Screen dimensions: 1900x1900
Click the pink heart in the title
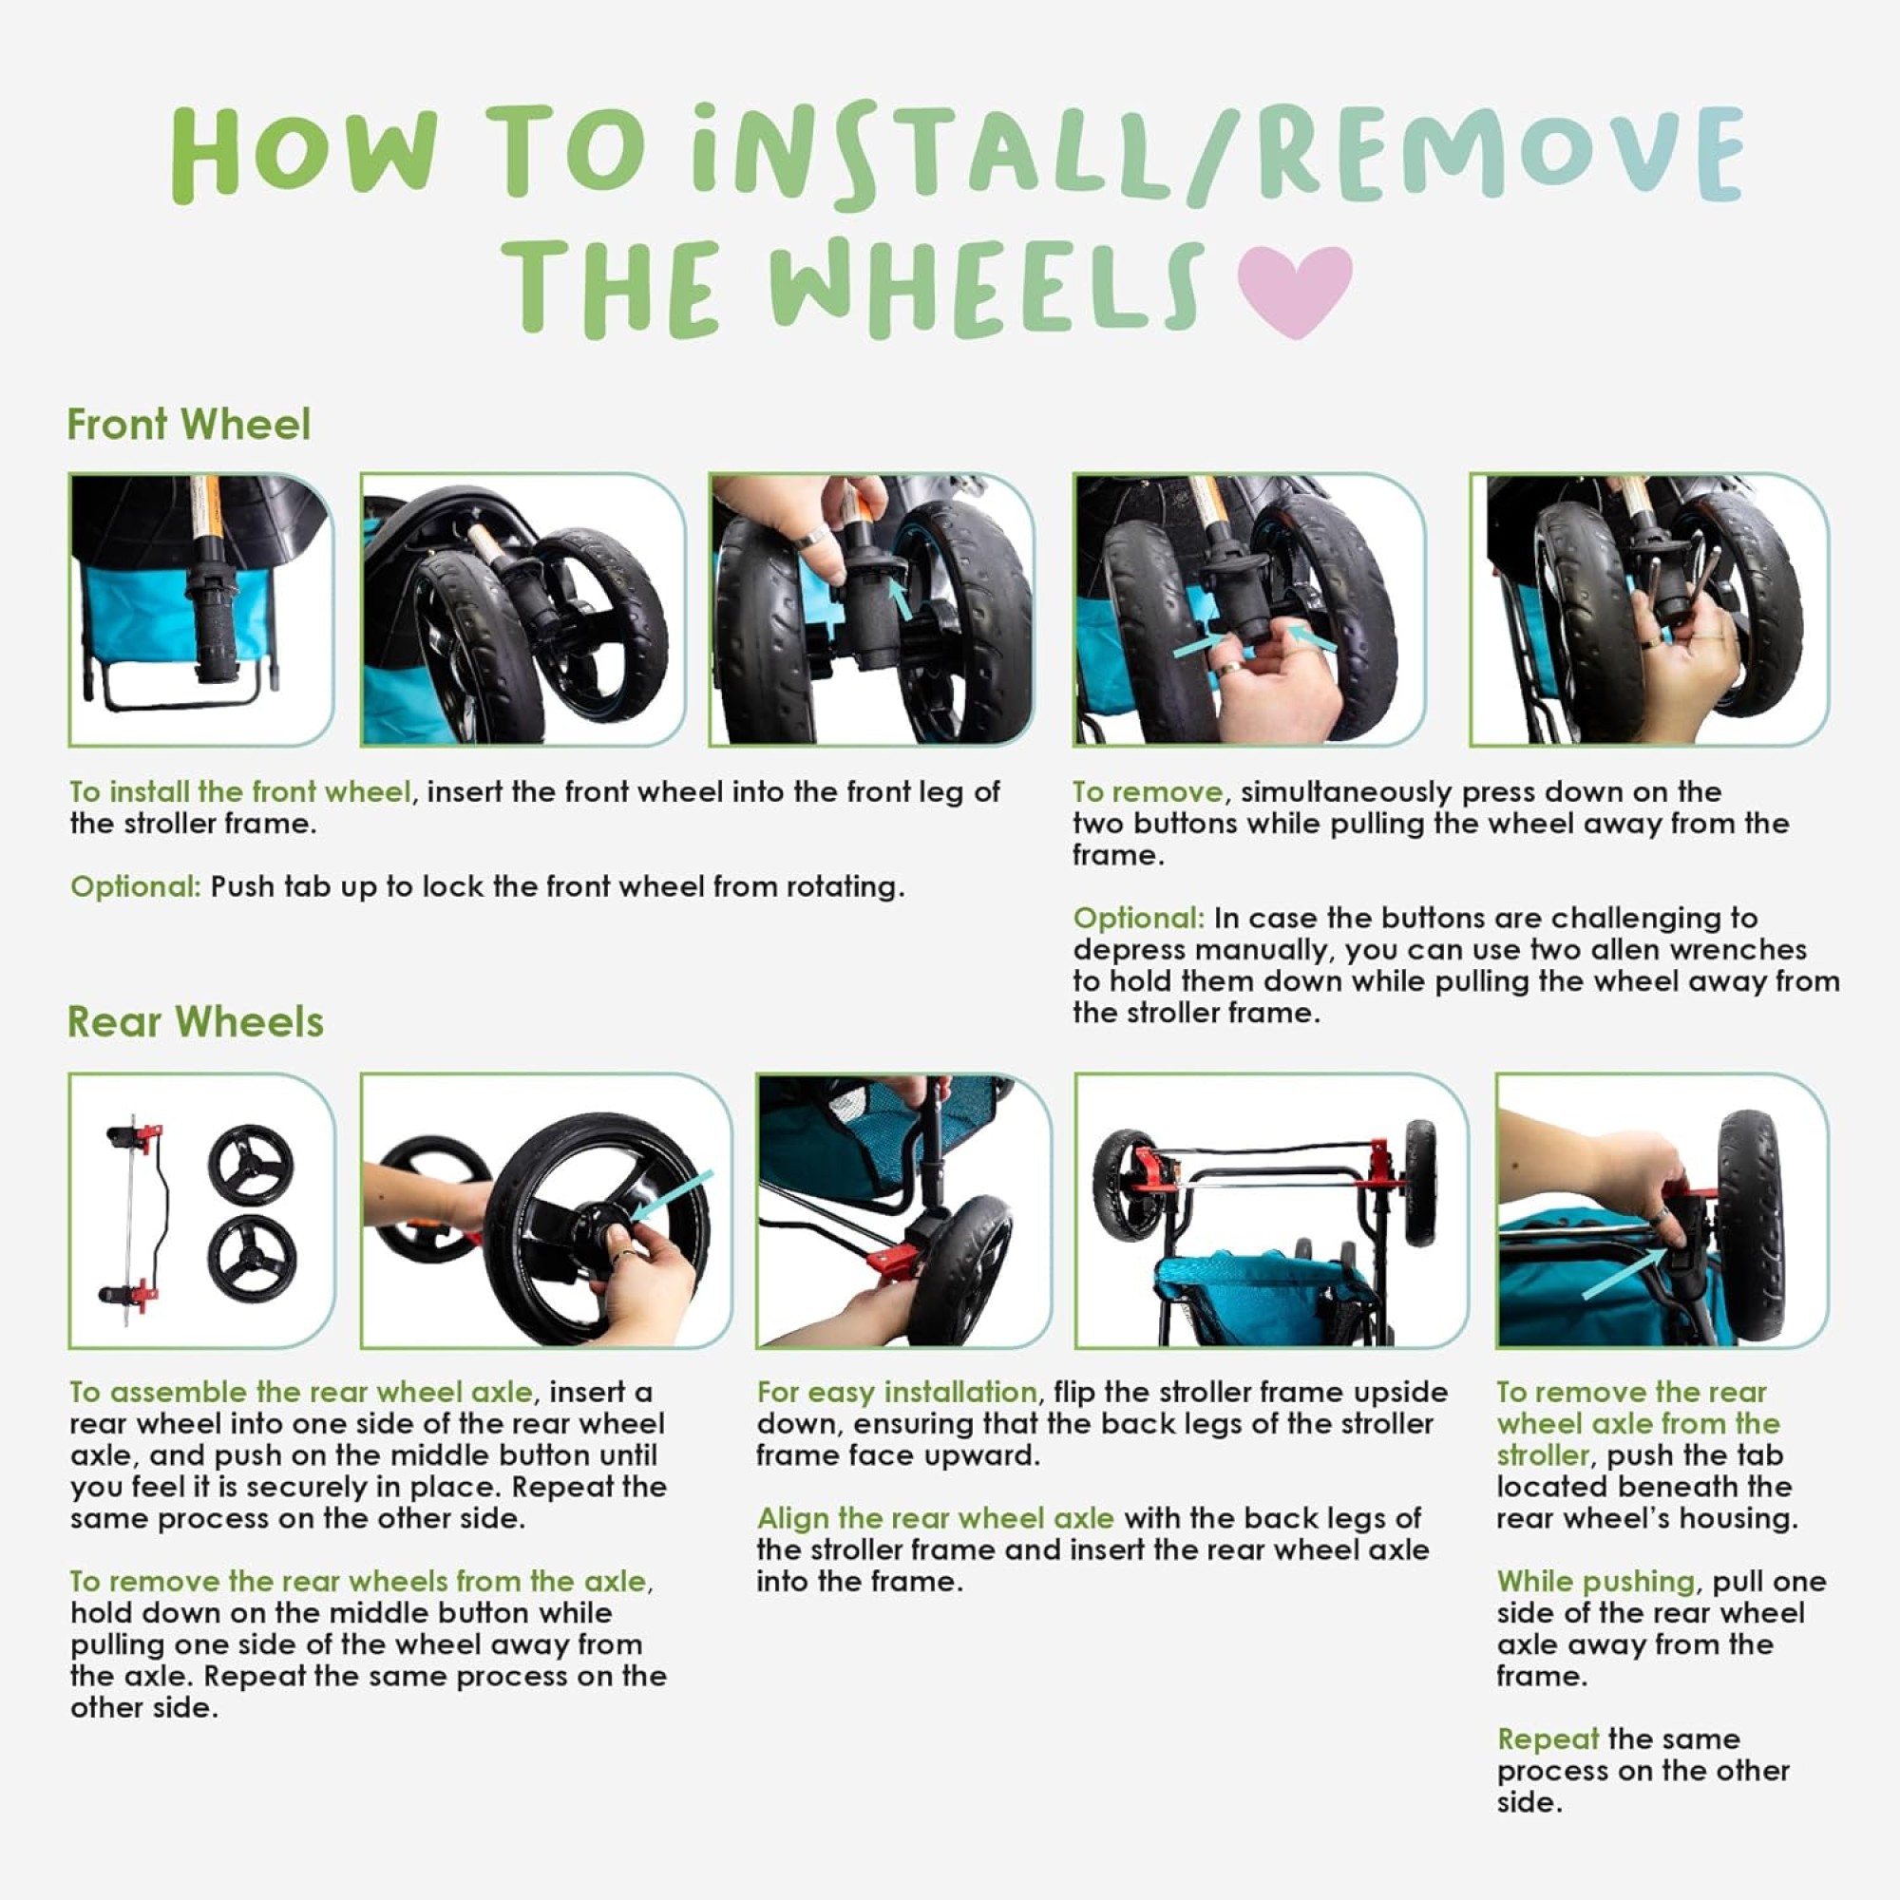1294,289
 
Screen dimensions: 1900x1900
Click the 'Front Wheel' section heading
189,425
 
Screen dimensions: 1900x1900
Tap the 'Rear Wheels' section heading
196,1022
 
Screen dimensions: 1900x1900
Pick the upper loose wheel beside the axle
251,1163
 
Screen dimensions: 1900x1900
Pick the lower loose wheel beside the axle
253,1262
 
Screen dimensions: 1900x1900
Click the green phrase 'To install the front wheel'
240,791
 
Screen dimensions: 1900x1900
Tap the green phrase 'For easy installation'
897,1392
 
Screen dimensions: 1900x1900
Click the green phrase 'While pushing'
1596,1582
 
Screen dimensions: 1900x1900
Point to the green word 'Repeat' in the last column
1548,1738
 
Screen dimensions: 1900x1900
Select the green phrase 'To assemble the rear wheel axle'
301,1392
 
